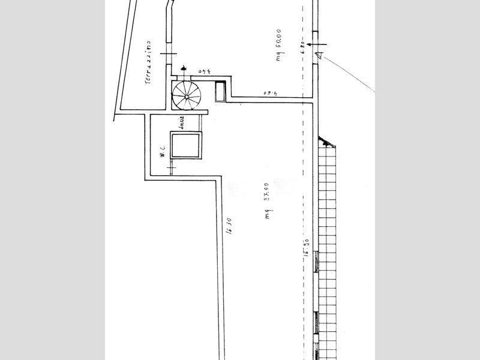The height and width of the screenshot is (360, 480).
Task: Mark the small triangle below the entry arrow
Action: pos(321,56)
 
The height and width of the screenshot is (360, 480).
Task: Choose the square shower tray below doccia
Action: pos(185,146)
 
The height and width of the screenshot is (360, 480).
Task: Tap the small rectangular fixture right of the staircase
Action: pos(220,91)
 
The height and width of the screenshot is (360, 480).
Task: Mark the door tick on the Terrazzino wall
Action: pos(169,54)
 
